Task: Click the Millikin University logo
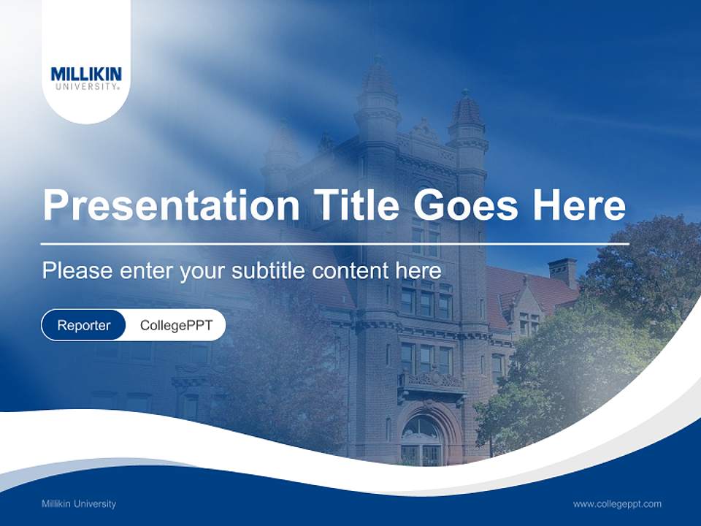(86, 78)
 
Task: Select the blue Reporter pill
(84, 325)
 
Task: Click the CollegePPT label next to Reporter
(176, 325)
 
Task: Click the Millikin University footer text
(79, 503)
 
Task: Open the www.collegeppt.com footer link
(617, 503)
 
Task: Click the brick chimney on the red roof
(562, 272)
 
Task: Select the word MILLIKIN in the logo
(86, 74)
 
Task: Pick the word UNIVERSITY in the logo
(86, 86)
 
